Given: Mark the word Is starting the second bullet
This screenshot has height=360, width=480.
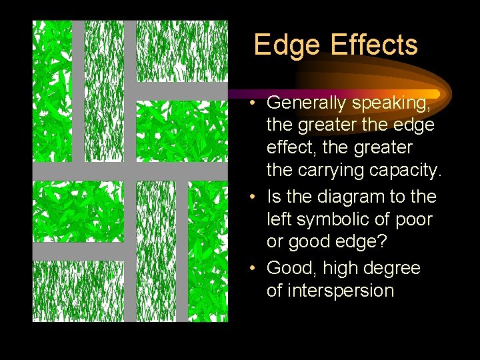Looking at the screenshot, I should (x=273, y=197).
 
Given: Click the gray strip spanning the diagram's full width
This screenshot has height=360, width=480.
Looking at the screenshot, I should (x=130, y=171).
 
